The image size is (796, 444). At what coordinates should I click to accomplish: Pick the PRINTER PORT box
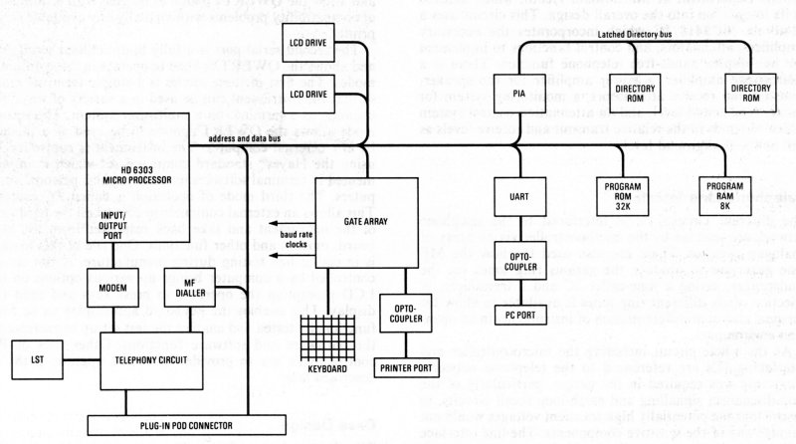(378, 367)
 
